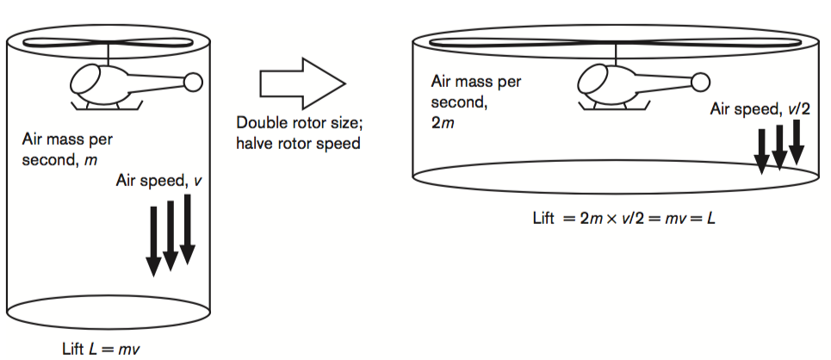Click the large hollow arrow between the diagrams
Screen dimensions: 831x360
[302, 84]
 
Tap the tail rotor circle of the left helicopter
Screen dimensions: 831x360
[193, 82]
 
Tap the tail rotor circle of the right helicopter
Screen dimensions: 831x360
[701, 82]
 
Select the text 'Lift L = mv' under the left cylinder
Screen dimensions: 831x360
[102, 349]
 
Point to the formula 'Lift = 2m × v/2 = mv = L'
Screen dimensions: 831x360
[623, 218]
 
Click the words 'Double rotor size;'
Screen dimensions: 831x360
[300, 123]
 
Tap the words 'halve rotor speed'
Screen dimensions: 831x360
[298, 143]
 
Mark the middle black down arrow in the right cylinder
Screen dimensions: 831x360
[779, 147]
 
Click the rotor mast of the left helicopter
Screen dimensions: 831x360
[109, 54]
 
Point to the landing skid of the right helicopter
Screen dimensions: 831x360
[616, 106]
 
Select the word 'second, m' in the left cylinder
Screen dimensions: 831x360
[59, 160]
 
